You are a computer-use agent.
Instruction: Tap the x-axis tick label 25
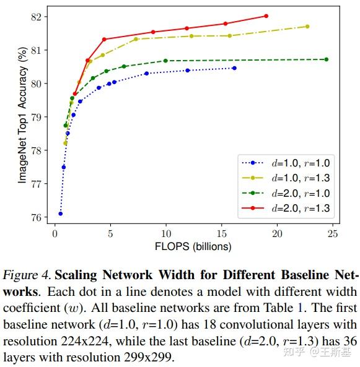point(332,233)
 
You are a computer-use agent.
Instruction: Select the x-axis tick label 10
point(165,233)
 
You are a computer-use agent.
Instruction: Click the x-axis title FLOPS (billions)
point(193,246)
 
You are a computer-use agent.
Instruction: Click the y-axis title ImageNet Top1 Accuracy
point(22,116)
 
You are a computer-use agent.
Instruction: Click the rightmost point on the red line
point(266,16)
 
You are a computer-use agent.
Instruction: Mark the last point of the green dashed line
point(327,59)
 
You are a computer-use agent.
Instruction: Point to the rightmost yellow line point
point(307,27)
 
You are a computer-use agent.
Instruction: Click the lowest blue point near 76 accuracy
point(61,214)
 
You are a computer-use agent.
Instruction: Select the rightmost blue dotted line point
point(234,68)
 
